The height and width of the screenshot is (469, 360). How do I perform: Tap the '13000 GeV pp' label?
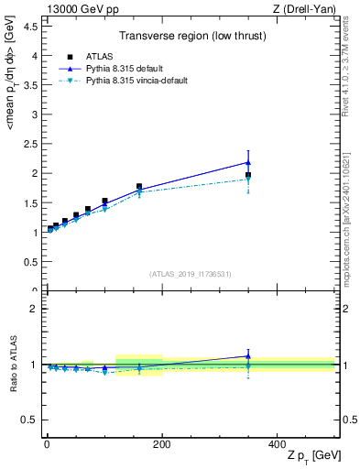coord(78,9)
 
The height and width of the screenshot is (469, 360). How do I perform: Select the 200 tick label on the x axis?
coord(161,443)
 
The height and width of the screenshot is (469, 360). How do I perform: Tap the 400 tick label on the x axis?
coord(277,443)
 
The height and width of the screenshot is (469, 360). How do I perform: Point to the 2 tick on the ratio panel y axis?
coord(35,309)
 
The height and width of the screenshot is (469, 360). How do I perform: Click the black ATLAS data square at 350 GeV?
coord(248,175)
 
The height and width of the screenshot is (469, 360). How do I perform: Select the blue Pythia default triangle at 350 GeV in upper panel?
coord(248,162)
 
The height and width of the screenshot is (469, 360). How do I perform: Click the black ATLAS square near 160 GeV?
coord(139,187)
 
